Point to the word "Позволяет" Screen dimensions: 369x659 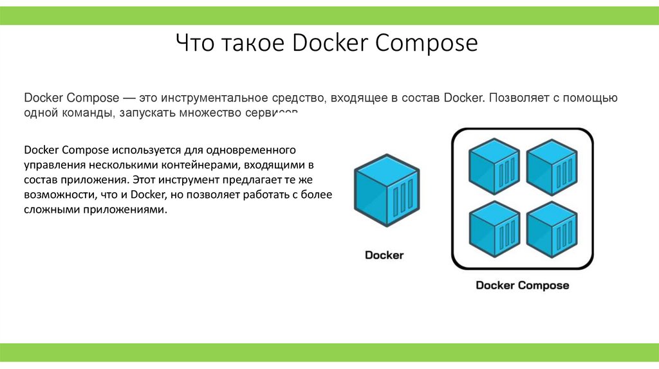(x=514, y=98)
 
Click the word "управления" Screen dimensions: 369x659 (x=51, y=165)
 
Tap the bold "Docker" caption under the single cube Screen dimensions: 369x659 (x=384, y=255)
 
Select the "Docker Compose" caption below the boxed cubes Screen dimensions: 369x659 (x=522, y=285)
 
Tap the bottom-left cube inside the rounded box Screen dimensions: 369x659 (x=494, y=226)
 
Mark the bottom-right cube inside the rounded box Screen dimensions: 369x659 (x=551, y=226)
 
